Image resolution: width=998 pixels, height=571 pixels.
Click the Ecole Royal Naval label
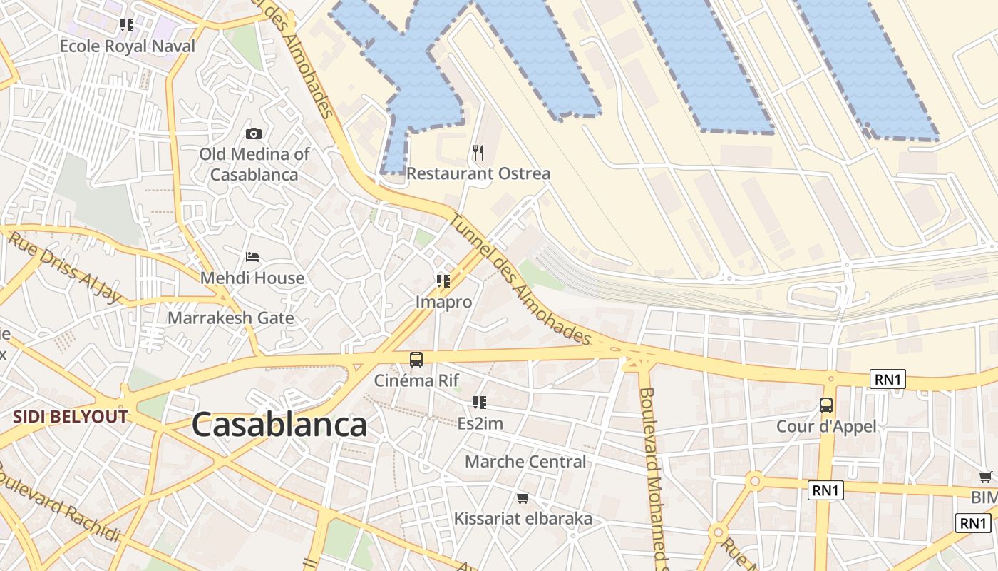(127, 46)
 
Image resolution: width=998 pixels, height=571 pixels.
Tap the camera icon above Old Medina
(253, 133)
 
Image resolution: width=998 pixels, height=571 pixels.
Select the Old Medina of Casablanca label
(254, 164)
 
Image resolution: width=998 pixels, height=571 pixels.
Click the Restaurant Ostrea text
(478, 173)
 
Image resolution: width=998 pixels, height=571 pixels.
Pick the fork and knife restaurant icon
(478, 152)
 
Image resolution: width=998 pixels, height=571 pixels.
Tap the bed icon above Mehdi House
(252, 257)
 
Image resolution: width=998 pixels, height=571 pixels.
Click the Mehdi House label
(252, 278)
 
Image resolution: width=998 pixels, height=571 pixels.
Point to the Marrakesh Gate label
(230, 318)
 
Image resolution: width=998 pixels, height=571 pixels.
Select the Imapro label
(443, 302)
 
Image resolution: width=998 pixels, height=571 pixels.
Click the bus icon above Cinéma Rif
(416, 360)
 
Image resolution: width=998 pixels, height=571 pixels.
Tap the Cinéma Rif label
(416, 380)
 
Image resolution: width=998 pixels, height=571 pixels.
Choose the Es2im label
(480, 423)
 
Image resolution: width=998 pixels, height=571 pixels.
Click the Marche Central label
(525, 462)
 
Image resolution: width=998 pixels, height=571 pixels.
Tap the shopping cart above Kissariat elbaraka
(523, 497)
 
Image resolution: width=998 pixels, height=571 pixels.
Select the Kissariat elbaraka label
(523, 519)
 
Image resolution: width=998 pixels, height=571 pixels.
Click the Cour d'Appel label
(826, 427)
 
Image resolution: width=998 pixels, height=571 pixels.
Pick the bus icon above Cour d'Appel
(826, 405)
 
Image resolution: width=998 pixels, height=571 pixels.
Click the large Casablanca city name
(279, 425)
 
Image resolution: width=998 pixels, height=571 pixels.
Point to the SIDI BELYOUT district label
(70, 417)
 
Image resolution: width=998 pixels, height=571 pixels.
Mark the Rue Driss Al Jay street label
(64, 267)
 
